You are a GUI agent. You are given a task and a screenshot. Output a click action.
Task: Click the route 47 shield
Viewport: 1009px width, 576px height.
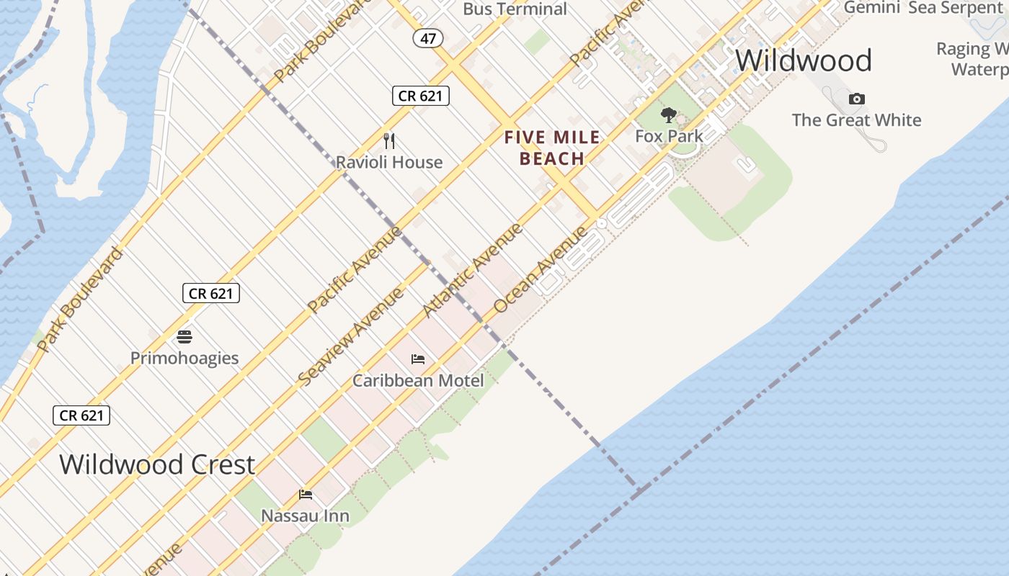click(428, 38)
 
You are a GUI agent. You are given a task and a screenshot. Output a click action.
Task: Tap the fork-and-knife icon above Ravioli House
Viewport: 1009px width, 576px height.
click(389, 140)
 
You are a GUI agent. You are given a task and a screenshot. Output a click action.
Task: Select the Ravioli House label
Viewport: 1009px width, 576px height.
click(389, 162)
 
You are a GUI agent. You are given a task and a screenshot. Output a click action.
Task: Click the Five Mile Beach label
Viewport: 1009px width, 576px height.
click(552, 148)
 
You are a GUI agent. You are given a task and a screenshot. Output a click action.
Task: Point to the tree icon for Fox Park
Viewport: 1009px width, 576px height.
click(669, 115)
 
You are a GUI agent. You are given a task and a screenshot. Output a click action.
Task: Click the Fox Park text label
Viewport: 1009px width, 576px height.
click(669, 135)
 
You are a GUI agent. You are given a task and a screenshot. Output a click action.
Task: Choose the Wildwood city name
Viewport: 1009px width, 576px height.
click(804, 60)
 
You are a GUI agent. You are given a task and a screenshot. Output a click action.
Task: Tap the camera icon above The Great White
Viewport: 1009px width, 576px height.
click(856, 99)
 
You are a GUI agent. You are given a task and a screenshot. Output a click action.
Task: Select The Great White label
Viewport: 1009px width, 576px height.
click(856, 120)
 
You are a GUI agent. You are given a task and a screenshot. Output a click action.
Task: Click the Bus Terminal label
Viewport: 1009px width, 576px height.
click(515, 9)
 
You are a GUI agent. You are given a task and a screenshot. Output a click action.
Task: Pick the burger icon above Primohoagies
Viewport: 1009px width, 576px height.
click(185, 337)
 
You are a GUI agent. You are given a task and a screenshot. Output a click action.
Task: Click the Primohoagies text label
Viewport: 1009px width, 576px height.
click(185, 358)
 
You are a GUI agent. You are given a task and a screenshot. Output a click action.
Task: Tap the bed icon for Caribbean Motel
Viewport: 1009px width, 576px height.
click(418, 359)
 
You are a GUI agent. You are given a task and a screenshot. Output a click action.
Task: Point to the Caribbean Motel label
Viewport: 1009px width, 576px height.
click(418, 379)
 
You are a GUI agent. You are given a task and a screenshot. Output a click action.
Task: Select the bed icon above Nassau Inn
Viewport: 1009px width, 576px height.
click(306, 495)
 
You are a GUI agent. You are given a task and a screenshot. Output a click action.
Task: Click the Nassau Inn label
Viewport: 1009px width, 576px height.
click(306, 516)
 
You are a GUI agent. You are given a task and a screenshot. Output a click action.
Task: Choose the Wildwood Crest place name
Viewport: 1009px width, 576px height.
click(157, 464)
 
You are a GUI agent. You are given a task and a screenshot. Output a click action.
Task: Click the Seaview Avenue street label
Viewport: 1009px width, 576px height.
click(351, 336)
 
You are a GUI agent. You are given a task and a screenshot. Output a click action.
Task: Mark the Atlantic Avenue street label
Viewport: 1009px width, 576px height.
click(472, 271)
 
